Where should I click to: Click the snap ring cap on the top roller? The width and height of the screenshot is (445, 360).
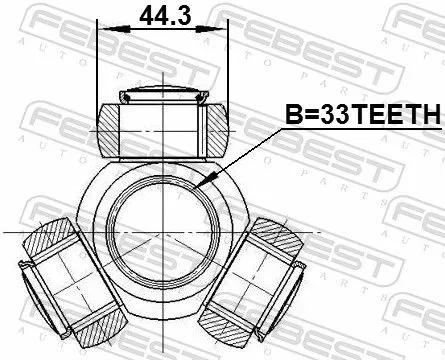pos(160,97)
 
